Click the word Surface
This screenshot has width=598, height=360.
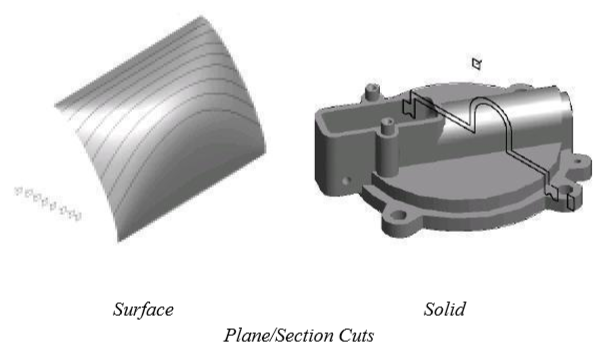point(143,309)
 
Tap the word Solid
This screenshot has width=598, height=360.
point(445,309)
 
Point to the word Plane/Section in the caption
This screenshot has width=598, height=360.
point(278,336)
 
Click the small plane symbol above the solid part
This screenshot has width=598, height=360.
point(477,64)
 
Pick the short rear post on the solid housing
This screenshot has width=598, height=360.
point(372,92)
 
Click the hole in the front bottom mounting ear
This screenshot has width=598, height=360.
point(399,216)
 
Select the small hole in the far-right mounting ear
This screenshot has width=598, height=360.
point(578,161)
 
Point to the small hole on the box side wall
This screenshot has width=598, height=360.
point(346,181)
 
